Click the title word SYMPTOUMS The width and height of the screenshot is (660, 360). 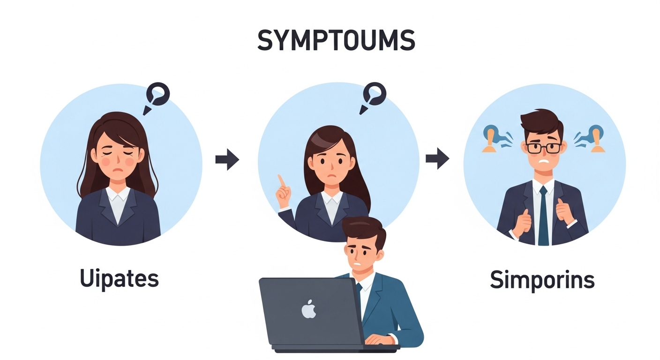pos(336,41)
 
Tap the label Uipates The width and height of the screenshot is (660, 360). pos(119,279)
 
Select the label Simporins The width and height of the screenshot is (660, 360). pos(542,280)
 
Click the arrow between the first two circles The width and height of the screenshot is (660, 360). pos(227,160)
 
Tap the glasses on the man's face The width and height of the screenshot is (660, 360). pos(543,148)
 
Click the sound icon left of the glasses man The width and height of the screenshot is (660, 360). pos(493,138)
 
